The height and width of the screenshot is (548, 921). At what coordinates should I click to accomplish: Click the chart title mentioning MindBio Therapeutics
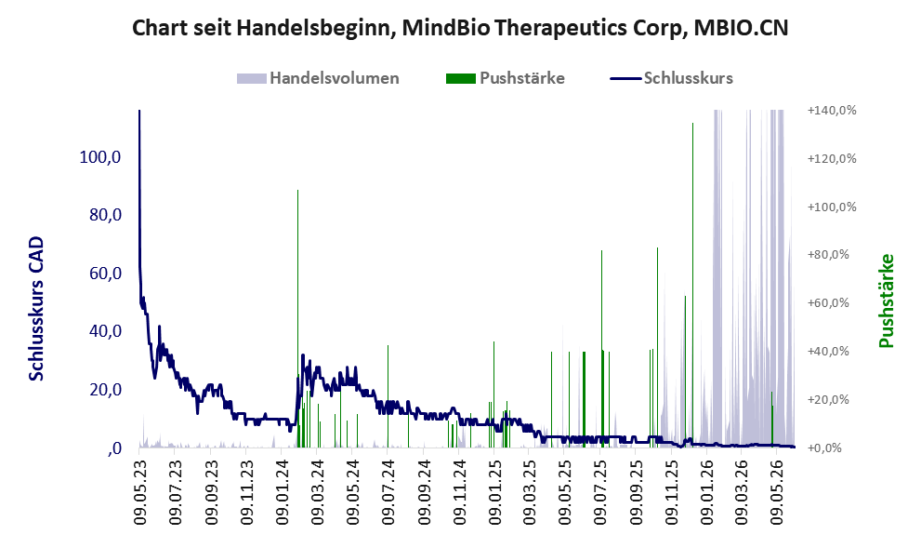click(460, 28)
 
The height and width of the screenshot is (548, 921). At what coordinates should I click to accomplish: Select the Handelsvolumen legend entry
click(318, 78)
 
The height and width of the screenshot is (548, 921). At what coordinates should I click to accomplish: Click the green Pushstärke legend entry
click(506, 78)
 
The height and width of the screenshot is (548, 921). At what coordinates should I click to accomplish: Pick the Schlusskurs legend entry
click(671, 78)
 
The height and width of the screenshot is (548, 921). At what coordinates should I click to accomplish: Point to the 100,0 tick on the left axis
click(99, 157)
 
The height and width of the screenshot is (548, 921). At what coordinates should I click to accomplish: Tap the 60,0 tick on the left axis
click(105, 274)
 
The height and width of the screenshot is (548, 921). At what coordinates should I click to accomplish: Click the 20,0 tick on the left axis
click(105, 389)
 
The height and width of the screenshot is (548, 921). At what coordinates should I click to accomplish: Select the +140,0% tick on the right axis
click(832, 111)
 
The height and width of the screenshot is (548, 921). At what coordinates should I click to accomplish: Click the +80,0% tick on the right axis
click(832, 255)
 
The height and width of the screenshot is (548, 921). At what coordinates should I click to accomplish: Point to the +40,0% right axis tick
click(832, 351)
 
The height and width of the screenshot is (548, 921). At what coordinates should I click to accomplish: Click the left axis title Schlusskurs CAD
click(36, 309)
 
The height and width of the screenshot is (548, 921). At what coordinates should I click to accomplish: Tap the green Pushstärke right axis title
click(886, 301)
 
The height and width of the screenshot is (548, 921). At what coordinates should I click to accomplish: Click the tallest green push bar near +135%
click(692, 286)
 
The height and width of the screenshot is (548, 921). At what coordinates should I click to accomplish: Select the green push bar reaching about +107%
click(297, 319)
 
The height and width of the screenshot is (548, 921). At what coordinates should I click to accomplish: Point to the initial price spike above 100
click(139, 177)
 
